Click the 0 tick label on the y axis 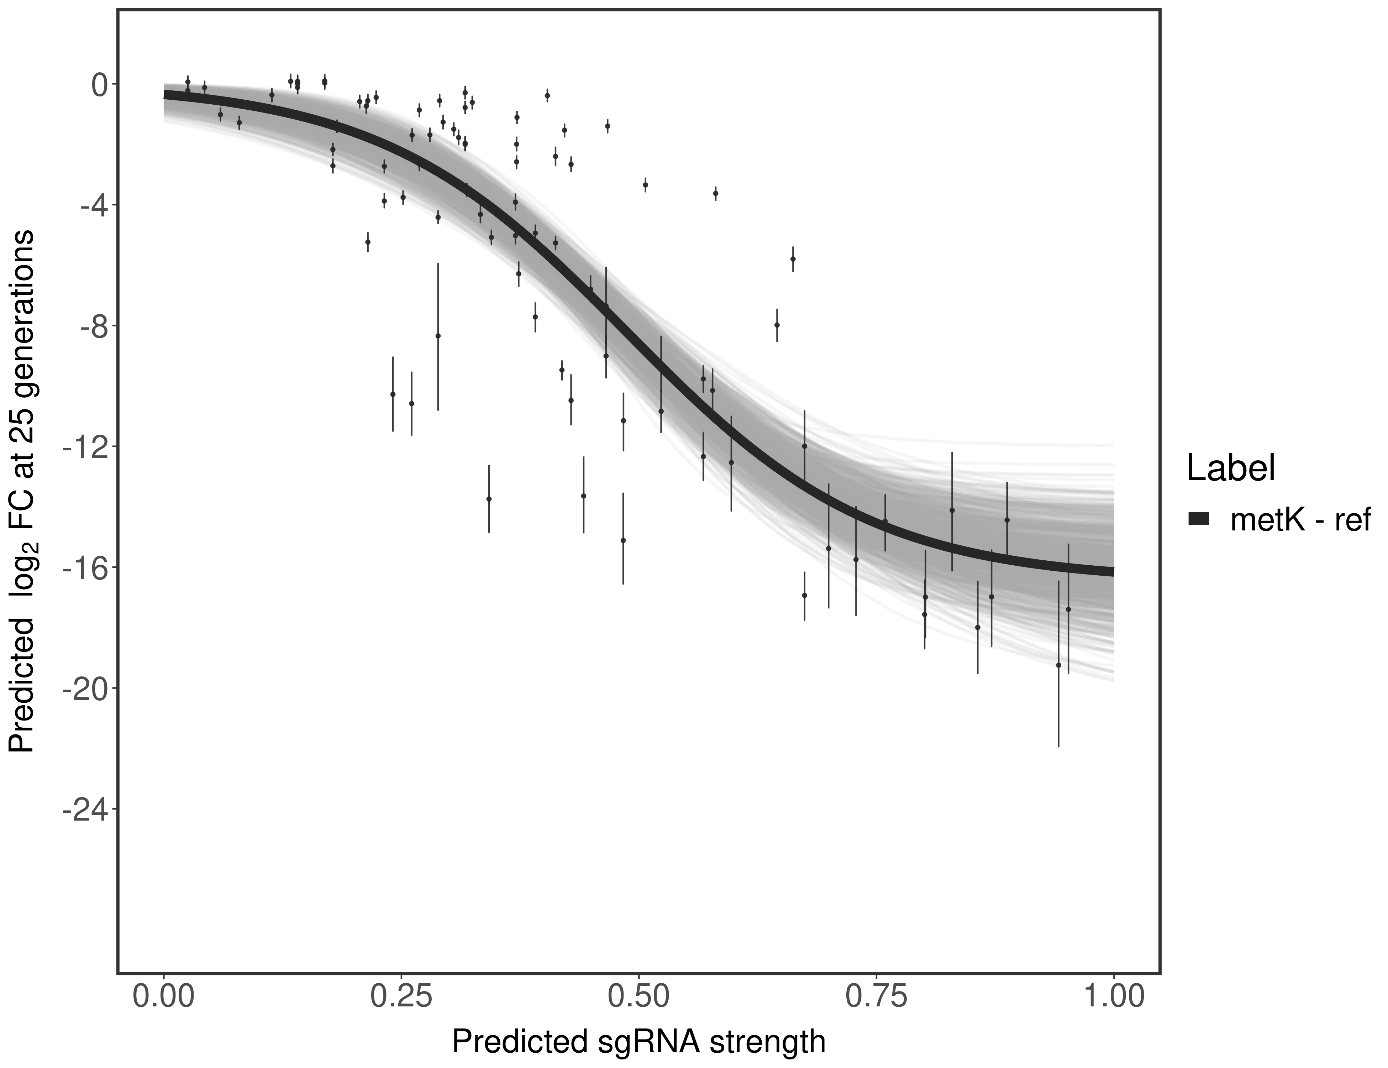[x=100, y=85]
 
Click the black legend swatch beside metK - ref [x=1199, y=519]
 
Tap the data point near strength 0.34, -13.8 [x=489, y=499]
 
